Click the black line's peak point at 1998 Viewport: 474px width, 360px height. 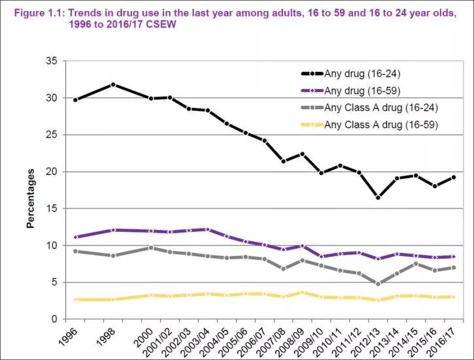click(x=114, y=84)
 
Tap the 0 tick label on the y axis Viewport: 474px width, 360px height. click(x=54, y=319)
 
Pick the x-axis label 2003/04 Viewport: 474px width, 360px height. click(x=201, y=338)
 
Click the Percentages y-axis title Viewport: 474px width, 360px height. click(x=30, y=199)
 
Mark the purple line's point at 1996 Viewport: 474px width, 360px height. click(x=76, y=237)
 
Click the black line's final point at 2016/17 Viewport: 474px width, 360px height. click(x=452, y=177)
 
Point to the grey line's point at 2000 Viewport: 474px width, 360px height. click(x=151, y=248)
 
